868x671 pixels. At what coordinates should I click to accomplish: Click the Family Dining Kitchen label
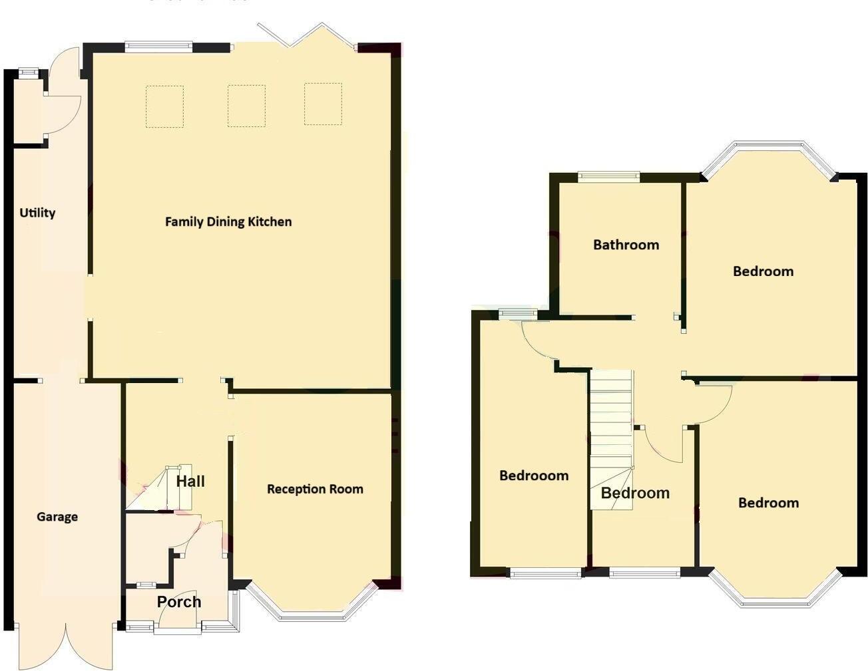click(x=228, y=221)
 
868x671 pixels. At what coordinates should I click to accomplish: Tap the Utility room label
click(x=37, y=213)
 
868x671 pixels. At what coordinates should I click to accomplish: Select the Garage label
click(x=57, y=517)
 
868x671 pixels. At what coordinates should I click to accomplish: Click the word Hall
click(x=190, y=481)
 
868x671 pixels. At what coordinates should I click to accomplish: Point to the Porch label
click(x=179, y=602)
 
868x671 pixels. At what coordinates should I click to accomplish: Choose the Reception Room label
click(x=315, y=489)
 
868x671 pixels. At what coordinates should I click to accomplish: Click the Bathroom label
click(x=626, y=245)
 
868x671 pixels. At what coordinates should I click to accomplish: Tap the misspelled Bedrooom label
click(x=534, y=475)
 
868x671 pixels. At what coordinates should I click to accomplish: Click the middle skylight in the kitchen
click(x=246, y=106)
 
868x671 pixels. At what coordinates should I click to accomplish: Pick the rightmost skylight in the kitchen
click(x=324, y=104)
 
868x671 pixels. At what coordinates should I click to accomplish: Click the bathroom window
click(x=609, y=176)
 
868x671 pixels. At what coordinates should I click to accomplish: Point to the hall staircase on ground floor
click(x=160, y=489)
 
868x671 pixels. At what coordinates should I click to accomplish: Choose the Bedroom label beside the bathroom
click(x=763, y=271)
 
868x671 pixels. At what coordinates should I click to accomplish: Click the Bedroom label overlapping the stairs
click(x=635, y=493)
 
